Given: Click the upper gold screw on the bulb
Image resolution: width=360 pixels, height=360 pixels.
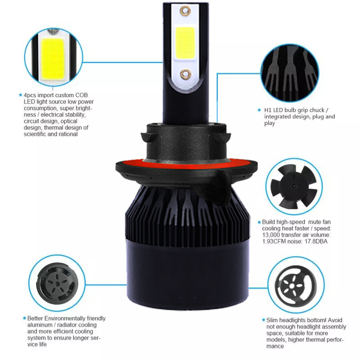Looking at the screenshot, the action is [185, 11].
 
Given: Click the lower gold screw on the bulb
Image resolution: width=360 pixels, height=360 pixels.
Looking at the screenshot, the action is [185, 74].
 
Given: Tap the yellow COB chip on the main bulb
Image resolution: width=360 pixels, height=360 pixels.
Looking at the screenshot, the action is [185, 42].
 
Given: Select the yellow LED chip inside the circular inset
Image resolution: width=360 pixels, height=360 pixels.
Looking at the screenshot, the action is [53, 59].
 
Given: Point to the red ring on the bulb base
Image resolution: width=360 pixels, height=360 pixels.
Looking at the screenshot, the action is [186, 163].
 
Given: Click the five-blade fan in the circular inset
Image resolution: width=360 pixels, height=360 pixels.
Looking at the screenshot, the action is [294, 186].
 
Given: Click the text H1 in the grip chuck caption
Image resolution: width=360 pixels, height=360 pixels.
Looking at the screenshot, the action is [268, 110].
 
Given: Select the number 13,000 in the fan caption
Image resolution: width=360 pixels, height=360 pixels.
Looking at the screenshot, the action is [271, 235].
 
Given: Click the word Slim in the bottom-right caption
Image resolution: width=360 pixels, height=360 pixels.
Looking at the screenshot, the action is [272, 320].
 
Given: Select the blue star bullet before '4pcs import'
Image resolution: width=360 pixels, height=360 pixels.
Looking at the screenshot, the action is [21, 95].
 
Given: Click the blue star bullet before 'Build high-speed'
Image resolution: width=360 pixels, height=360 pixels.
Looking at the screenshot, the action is [259, 222].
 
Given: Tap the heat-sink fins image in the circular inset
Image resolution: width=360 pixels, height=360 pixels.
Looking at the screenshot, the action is [290, 73].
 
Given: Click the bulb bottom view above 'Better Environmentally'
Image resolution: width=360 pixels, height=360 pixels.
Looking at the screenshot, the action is [57, 283].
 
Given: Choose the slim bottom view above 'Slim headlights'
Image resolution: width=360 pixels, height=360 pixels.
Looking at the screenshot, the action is [296, 285].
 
